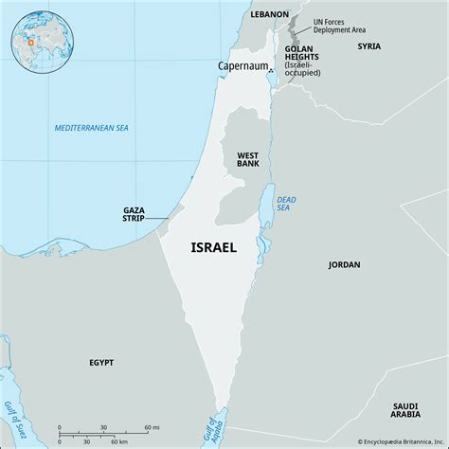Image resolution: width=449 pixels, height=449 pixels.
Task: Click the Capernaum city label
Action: (x=242, y=65)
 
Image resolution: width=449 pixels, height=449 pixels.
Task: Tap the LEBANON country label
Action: (x=270, y=15)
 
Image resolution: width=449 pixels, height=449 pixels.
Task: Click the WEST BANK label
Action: (x=249, y=159)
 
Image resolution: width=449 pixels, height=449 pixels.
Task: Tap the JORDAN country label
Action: (x=344, y=265)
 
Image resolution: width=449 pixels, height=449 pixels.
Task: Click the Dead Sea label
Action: (x=286, y=205)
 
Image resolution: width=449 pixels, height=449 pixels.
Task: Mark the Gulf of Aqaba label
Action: (x=224, y=423)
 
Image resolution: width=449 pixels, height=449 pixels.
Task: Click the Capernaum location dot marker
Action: (x=270, y=71)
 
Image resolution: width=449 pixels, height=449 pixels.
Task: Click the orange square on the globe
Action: (x=30, y=40)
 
